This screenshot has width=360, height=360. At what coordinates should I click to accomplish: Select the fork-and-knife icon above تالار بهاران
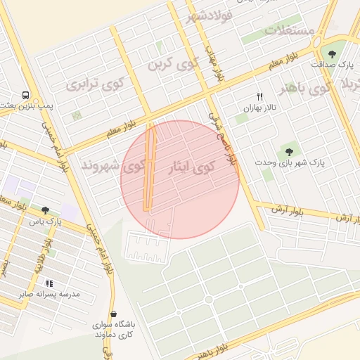[x=259, y=96]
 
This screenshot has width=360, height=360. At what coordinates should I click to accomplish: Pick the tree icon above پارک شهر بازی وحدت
[x=288, y=151]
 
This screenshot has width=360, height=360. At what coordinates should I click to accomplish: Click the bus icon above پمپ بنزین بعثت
[x=25, y=95]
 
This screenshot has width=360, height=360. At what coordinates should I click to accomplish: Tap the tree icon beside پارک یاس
[x=46, y=210]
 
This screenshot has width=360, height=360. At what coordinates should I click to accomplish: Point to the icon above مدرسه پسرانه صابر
[x=49, y=283]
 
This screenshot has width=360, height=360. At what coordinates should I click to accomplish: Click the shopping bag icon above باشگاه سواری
[x=114, y=314]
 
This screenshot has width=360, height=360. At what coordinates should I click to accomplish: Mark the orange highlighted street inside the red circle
[x=149, y=169]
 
